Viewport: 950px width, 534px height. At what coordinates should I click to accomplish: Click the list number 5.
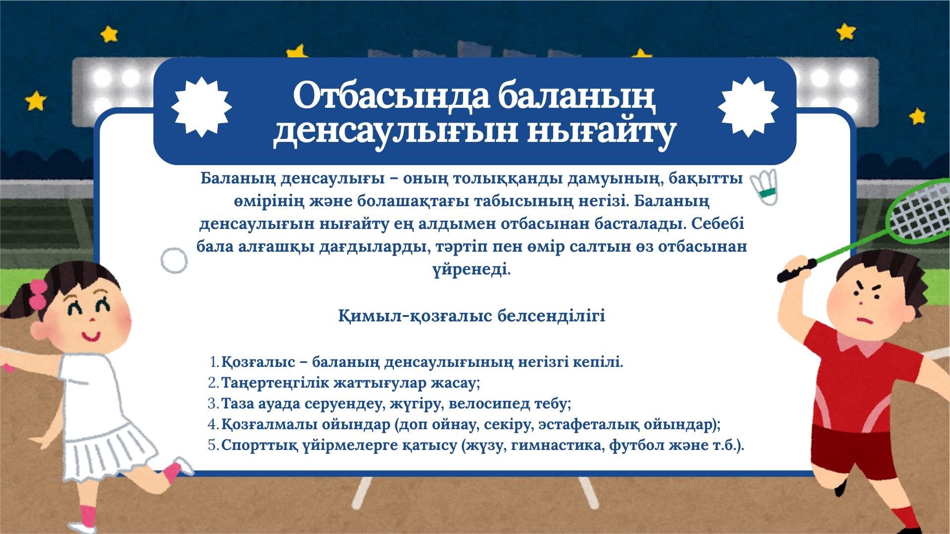point(213,445)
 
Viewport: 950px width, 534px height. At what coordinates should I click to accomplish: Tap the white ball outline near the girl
point(174,261)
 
